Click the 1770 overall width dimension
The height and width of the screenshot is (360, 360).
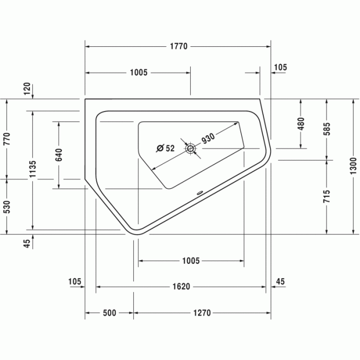coord(178,46)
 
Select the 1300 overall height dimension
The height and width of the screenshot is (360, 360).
coord(353,166)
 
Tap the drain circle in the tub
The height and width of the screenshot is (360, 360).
coord(190,149)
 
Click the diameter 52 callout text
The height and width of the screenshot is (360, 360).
coord(165,148)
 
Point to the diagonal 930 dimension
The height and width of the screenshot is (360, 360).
coord(208,138)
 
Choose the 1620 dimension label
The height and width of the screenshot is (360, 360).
coord(181,286)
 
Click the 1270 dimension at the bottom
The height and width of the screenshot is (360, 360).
coord(202,313)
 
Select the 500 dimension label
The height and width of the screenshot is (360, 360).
coord(109,313)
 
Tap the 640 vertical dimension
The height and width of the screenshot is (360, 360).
coord(59,155)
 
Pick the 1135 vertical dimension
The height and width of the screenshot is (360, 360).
coord(32,169)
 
